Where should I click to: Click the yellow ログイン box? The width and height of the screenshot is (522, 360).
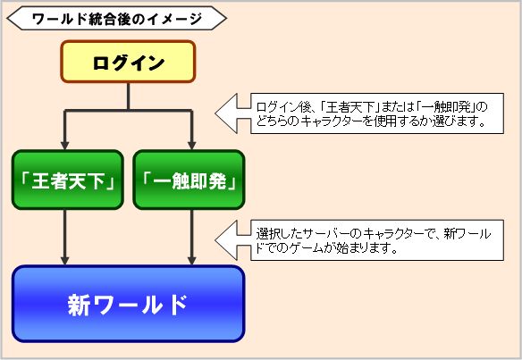click(x=128, y=62)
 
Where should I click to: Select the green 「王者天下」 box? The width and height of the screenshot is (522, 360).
click(x=68, y=180)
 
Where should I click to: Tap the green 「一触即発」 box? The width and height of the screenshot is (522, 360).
click(x=189, y=180)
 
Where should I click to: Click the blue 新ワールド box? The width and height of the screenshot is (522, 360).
click(x=128, y=304)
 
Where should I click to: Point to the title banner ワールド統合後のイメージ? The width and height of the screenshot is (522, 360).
click(x=116, y=18)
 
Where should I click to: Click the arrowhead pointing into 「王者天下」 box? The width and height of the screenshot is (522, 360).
click(x=64, y=146)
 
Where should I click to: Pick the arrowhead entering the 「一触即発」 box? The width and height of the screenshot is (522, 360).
click(x=191, y=146)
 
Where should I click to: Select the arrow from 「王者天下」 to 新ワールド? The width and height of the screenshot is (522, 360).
click(x=64, y=238)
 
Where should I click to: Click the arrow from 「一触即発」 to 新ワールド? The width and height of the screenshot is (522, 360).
click(x=191, y=238)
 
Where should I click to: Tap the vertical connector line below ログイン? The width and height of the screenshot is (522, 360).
click(x=128, y=96)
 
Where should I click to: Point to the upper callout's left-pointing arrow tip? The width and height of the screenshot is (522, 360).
click(x=215, y=113)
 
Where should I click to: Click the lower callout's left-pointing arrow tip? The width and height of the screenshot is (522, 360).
click(x=215, y=239)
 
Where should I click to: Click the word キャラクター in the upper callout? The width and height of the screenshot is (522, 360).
click(x=332, y=121)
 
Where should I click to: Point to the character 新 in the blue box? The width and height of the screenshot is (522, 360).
click(x=79, y=305)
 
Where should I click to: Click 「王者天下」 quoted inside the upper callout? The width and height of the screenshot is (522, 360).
click(x=349, y=107)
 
